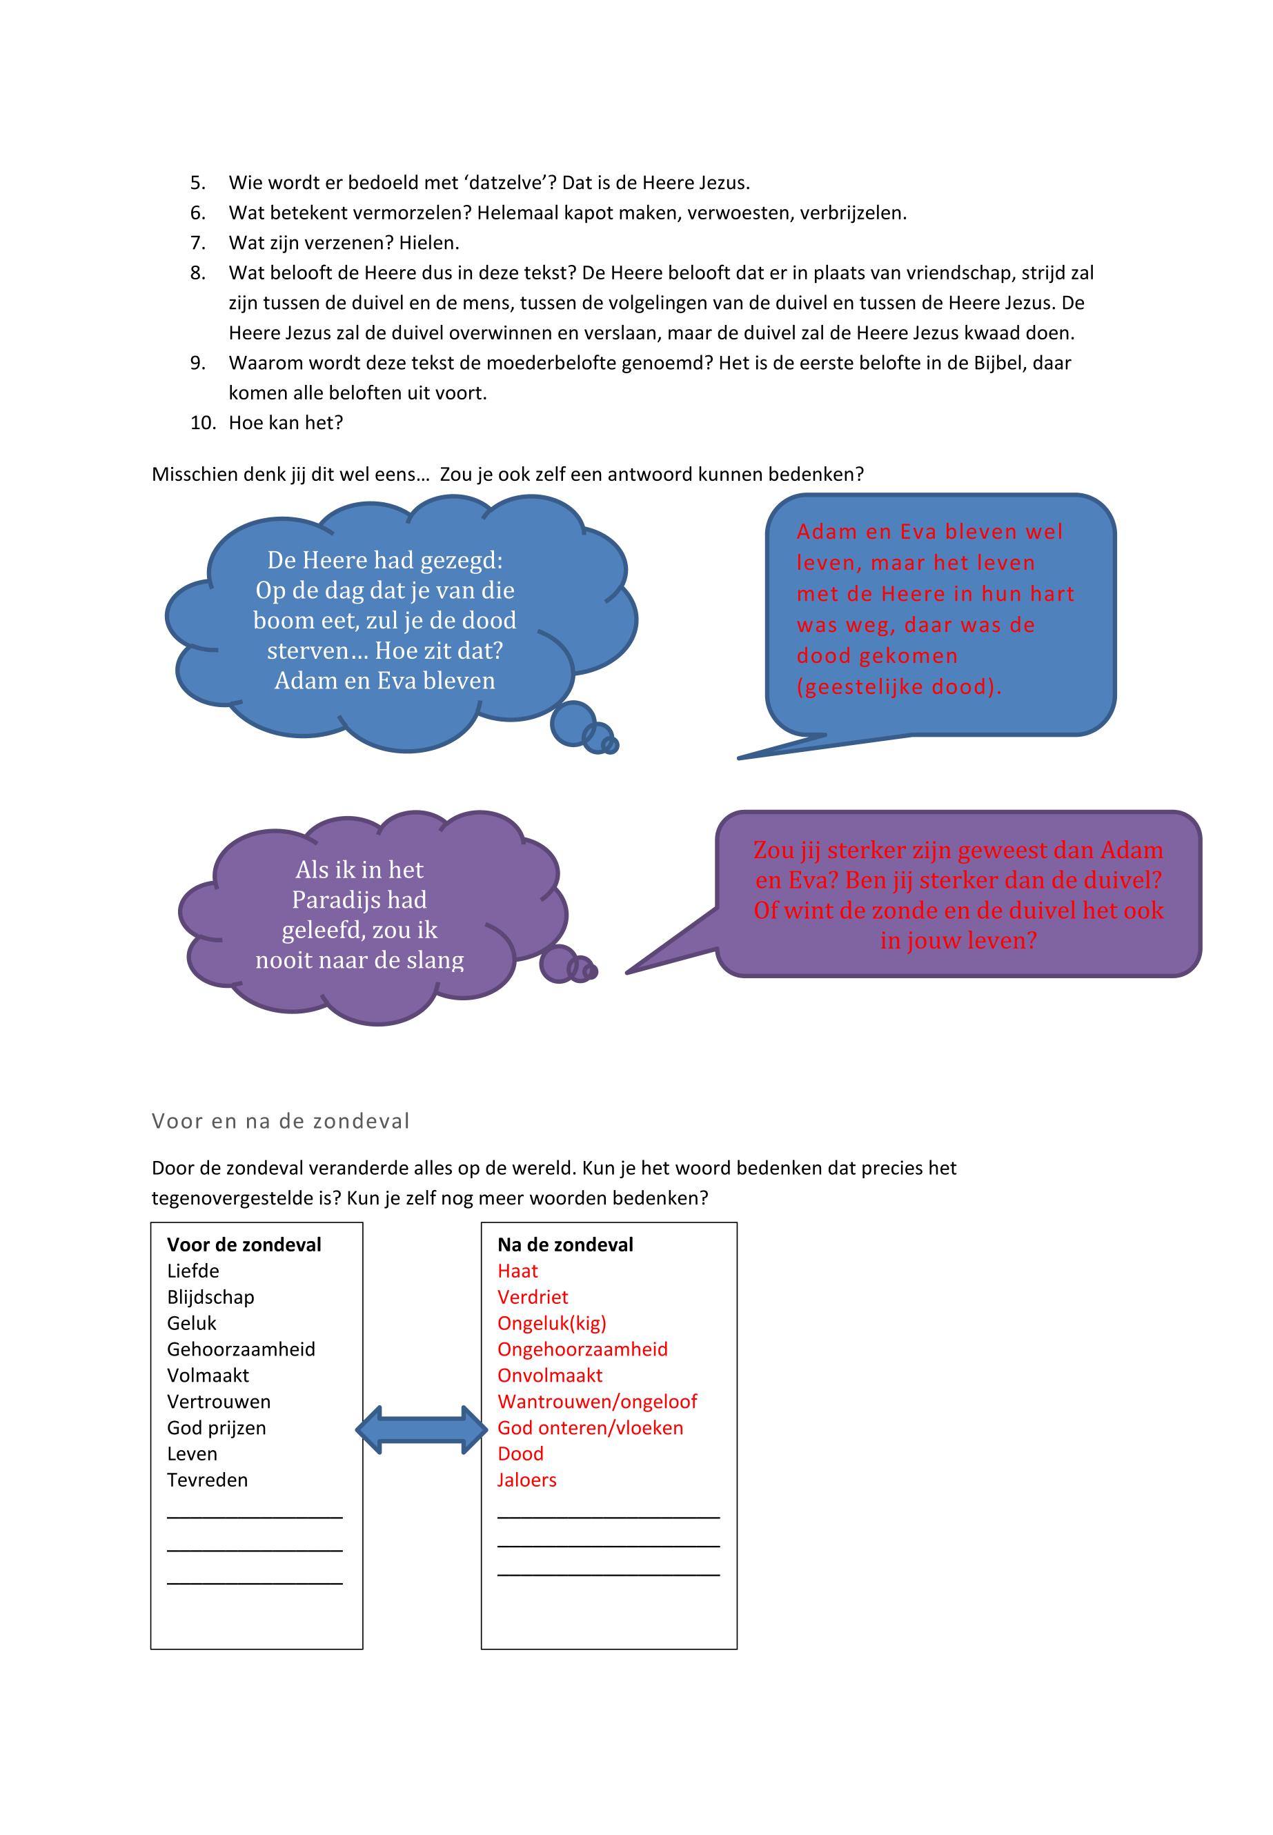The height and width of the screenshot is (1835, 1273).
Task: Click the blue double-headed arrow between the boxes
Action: point(420,1429)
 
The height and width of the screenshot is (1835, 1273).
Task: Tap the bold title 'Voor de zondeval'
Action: point(244,1245)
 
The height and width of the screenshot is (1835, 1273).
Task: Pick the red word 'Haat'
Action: point(517,1271)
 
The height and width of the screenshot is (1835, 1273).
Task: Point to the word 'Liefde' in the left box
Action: point(193,1271)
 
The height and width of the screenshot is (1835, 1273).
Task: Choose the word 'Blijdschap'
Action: point(210,1298)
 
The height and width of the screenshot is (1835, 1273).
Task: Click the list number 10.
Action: point(203,423)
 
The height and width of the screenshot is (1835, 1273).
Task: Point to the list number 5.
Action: point(198,183)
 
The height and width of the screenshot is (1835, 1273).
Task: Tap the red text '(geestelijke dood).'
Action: point(899,686)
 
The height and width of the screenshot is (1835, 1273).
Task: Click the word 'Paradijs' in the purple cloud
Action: point(326,900)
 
